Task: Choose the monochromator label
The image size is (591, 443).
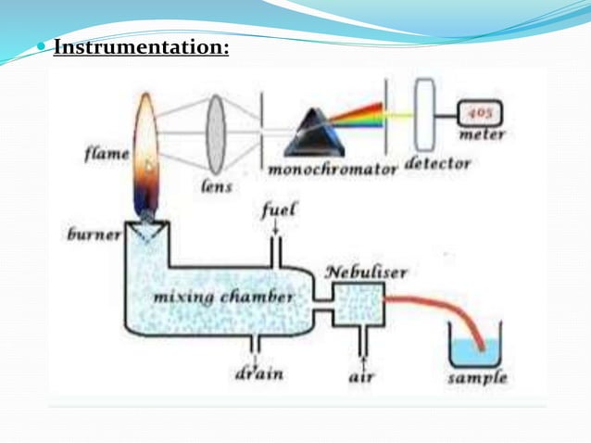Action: point(332,170)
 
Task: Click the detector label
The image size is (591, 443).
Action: point(437,164)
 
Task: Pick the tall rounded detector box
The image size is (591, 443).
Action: point(425,116)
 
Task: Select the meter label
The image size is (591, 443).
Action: point(484,135)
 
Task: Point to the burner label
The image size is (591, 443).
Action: point(94,234)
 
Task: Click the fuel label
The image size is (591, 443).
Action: point(277,210)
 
